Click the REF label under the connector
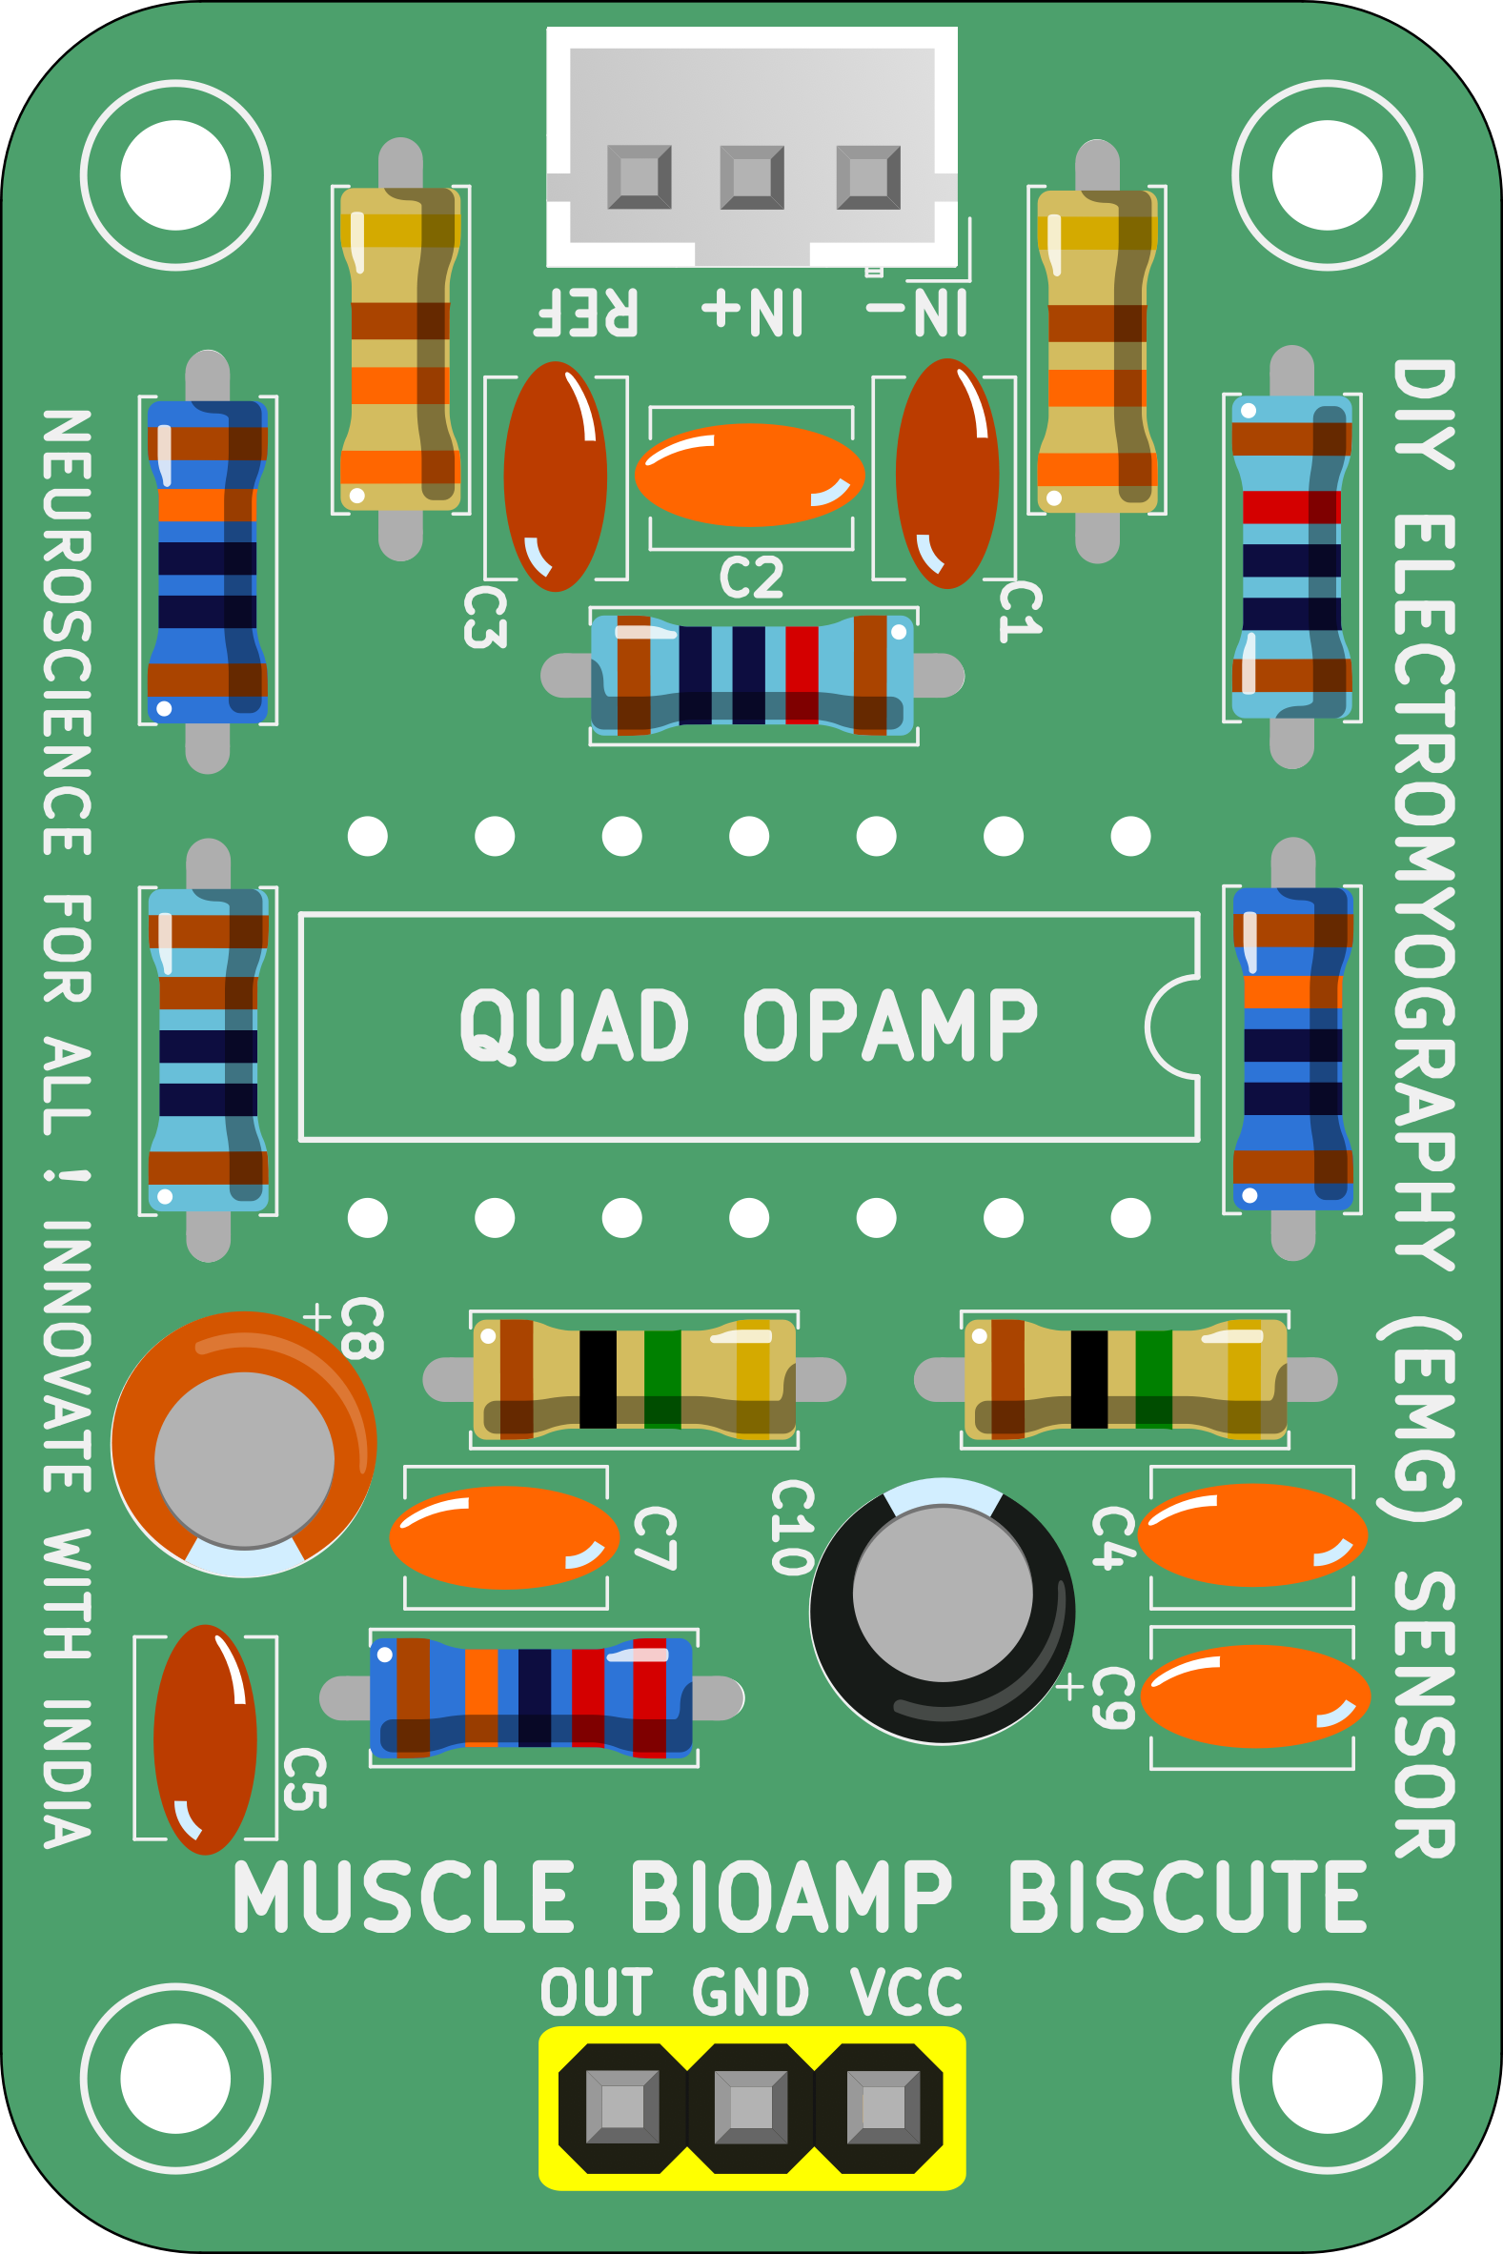click(586, 312)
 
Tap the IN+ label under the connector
click(753, 312)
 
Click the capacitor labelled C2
click(749, 476)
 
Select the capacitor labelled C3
click(555, 477)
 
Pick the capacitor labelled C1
click(947, 474)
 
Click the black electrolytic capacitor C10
click(942, 1610)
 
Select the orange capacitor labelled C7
click(504, 1537)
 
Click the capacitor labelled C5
click(205, 1739)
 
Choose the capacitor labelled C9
click(1254, 1696)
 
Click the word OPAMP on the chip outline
click(890, 1025)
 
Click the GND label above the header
click(751, 1993)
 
